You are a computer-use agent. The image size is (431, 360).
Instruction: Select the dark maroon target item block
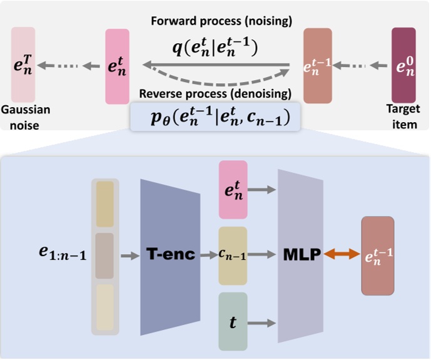point(403,65)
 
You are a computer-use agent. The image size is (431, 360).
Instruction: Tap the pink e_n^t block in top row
point(118,66)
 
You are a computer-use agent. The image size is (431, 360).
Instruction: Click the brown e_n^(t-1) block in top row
point(317,65)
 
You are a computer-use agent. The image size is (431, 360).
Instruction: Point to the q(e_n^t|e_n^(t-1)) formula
point(216,46)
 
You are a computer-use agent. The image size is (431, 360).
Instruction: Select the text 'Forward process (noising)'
point(221,22)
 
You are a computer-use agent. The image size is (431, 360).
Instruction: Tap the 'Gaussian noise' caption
point(25,117)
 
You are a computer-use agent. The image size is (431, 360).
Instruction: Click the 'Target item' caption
point(402,117)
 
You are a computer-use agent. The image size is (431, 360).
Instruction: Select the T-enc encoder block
point(170,255)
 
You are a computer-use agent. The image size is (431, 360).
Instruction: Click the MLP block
point(299,255)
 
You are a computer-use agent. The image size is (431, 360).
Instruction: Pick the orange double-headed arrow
point(342,255)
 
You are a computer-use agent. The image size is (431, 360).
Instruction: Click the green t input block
point(233,321)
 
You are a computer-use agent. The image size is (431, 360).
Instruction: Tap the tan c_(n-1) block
point(233,255)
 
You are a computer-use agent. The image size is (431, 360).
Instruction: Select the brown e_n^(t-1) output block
point(377,255)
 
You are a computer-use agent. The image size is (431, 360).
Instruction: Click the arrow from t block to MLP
point(263,322)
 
